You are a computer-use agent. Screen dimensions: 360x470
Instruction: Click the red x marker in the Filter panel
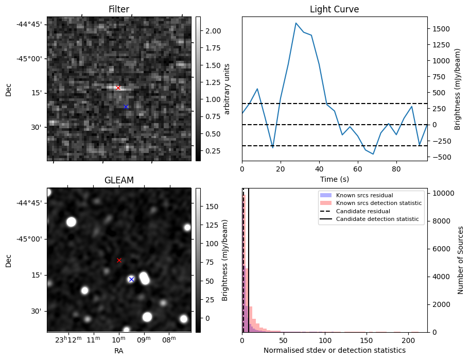[x=118, y=88]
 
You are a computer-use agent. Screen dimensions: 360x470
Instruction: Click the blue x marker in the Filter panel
[x=126, y=107]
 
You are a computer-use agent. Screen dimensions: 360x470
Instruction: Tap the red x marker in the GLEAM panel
[x=119, y=260]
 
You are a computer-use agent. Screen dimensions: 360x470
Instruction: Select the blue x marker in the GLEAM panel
[x=131, y=279]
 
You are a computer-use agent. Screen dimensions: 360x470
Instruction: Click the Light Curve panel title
[x=334, y=9]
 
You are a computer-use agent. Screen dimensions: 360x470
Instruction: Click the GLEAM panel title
[x=119, y=180]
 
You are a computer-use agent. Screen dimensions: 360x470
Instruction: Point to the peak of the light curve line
[x=296, y=23]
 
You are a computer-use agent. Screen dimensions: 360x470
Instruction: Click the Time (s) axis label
[x=334, y=179]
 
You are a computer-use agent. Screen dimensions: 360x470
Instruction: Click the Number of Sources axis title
[x=461, y=260]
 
